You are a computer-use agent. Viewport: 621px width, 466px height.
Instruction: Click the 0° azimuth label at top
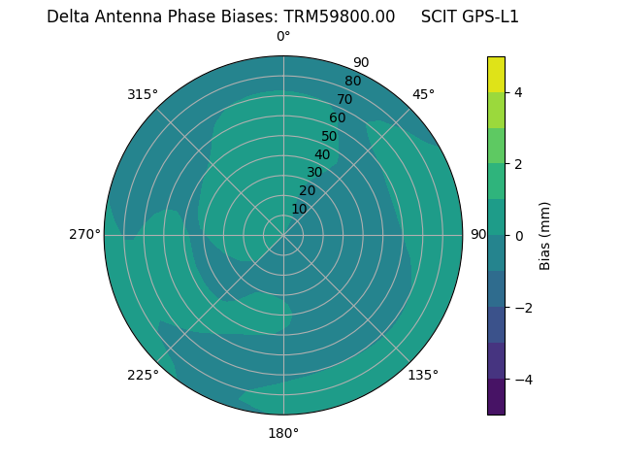click(x=283, y=37)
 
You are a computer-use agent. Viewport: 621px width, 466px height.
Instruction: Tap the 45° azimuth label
click(x=423, y=94)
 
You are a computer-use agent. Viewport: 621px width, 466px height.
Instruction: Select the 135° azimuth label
click(x=423, y=375)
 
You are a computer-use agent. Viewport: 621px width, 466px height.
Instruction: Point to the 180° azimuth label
click(x=283, y=433)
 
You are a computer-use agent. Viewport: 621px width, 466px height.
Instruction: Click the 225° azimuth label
click(x=143, y=375)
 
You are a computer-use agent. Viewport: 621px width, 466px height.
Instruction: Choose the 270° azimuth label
click(x=84, y=234)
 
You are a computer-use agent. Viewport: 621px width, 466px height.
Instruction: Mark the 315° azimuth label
click(x=143, y=94)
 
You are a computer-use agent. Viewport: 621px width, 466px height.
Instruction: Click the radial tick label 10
click(x=299, y=209)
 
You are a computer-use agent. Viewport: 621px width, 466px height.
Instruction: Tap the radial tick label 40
click(x=322, y=154)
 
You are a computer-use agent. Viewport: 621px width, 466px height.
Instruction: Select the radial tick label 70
click(x=344, y=99)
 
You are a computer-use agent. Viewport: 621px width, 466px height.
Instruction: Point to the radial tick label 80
click(x=352, y=81)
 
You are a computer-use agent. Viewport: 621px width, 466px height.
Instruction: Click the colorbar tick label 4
click(x=518, y=92)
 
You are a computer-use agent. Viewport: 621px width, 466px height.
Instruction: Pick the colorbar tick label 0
click(x=518, y=236)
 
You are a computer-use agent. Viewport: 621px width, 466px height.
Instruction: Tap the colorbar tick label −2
click(x=521, y=308)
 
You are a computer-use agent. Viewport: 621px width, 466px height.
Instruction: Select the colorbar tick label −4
click(x=521, y=380)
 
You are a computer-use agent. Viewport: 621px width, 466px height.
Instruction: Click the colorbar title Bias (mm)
click(x=545, y=236)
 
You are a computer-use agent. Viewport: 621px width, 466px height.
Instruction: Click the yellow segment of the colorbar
click(x=496, y=74)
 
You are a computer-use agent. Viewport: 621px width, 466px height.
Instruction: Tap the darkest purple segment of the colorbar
click(x=496, y=397)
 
